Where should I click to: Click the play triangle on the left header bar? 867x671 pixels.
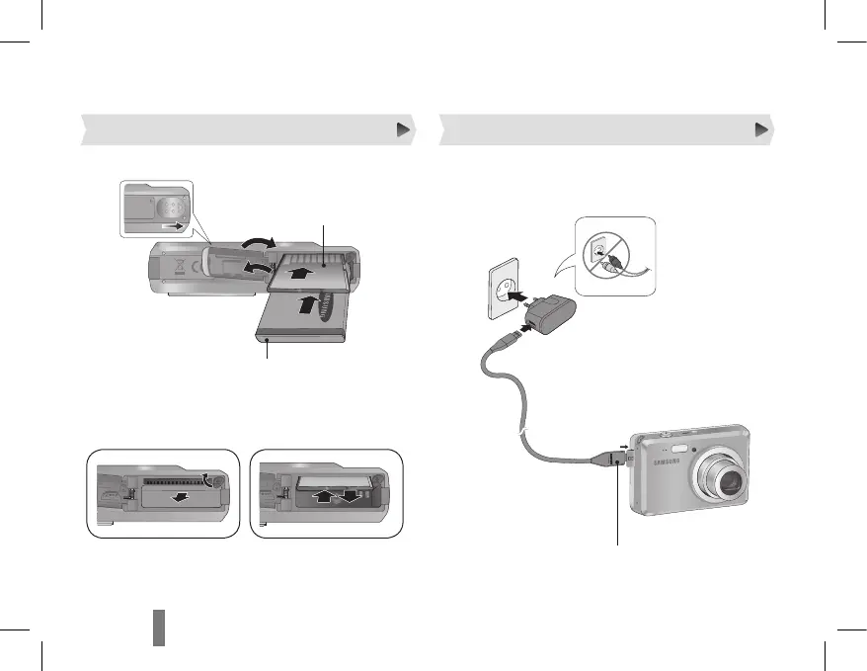coord(403,128)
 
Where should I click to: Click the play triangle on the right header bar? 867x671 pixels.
coord(761,128)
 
